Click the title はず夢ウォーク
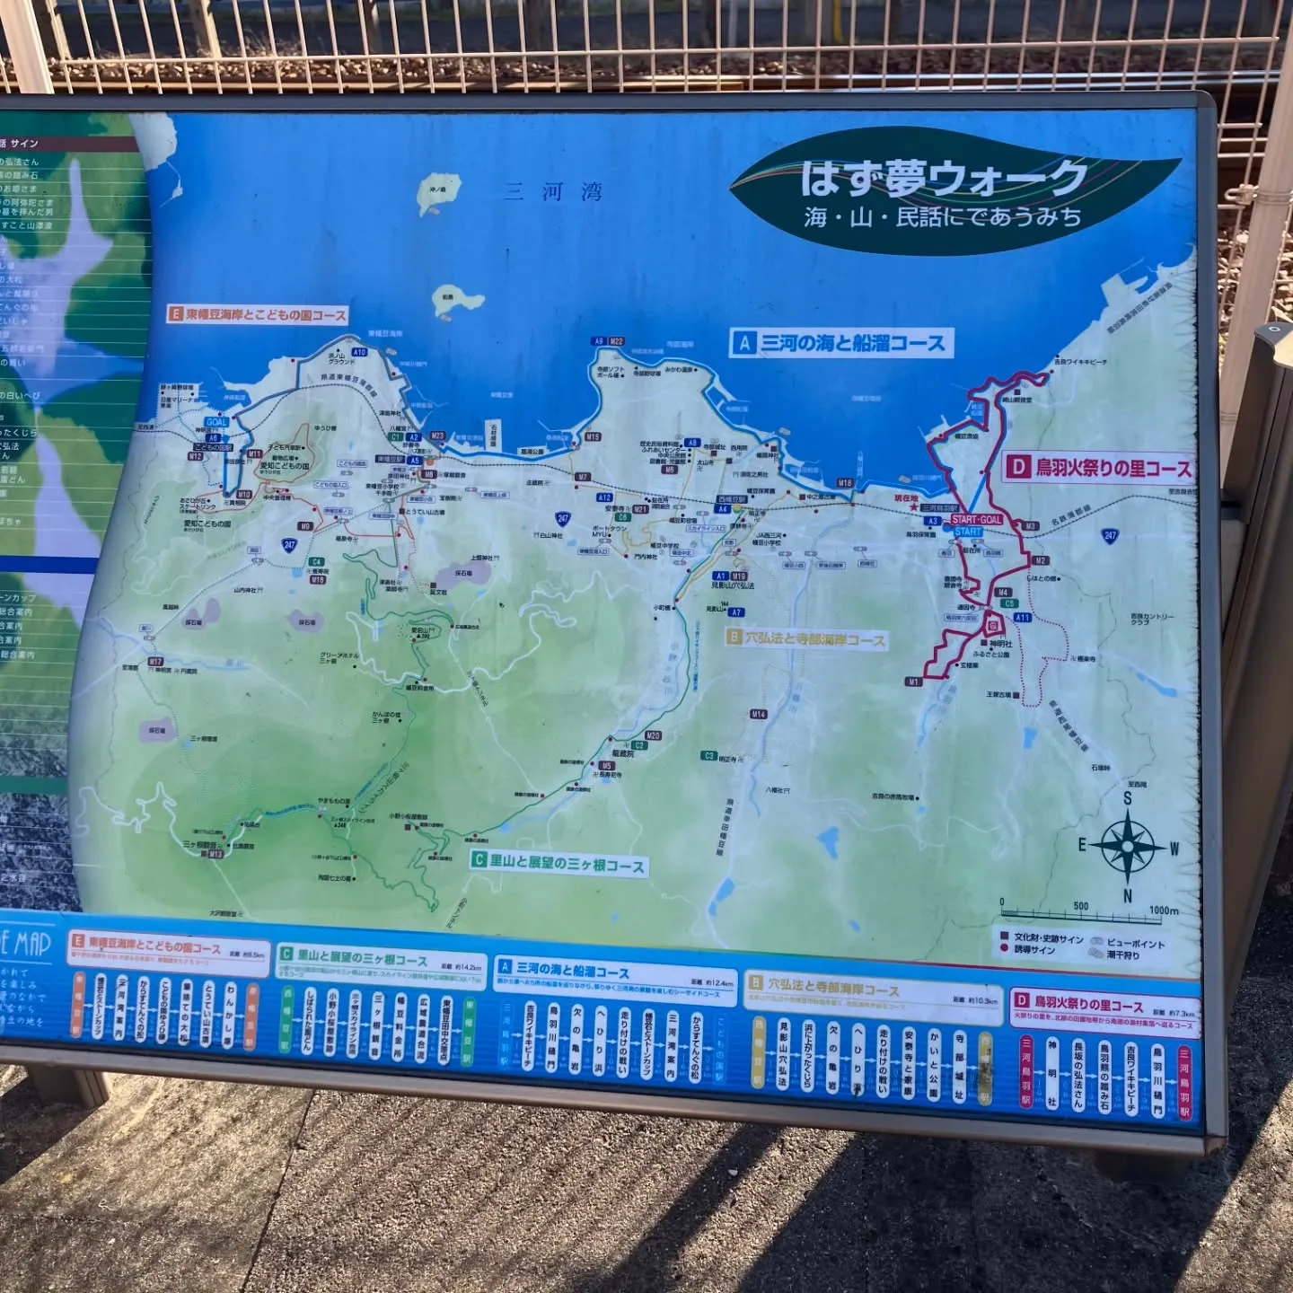[x=943, y=178]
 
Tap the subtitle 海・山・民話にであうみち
[x=943, y=217]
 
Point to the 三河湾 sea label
[x=552, y=191]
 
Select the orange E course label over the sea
[x=258, y=314]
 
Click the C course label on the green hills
[x=559, y=863]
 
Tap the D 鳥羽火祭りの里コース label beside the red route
[x=1099, y=468]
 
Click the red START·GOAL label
[x=977, y=520]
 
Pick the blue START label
[x=968, y=532]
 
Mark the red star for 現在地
[x=915, y=508]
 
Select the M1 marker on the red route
[x=913, y=682]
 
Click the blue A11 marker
[x=1022, y=618]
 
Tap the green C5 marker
[x=1009, y=604]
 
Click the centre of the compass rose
[x=1128, y=846]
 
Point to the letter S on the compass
[x=1128, y=798]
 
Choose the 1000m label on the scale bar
[x=1164, y=910]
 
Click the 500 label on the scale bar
[x=1081, y=906]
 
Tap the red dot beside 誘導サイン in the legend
[x=1004, y=948]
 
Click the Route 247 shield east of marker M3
[x=1111, y=536]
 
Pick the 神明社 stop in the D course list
[x=1051, y=1072]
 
